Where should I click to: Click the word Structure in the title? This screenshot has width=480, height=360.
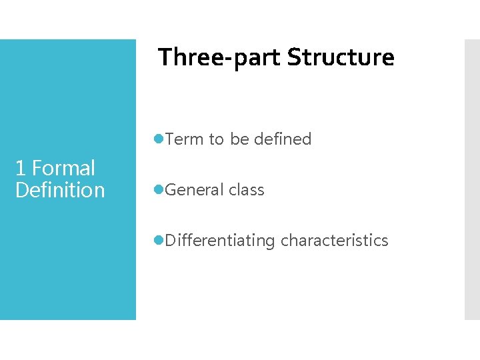341,58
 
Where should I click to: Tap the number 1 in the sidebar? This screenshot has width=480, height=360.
20,168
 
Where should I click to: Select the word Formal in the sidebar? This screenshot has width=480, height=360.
63,168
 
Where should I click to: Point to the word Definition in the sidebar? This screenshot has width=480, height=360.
60,190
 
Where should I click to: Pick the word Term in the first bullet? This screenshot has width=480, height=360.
185,139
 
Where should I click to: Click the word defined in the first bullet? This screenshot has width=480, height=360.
283,139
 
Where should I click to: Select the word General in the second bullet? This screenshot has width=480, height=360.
194,190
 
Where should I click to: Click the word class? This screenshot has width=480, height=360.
246,190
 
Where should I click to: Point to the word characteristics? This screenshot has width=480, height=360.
334,241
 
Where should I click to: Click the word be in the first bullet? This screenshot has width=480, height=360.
239,139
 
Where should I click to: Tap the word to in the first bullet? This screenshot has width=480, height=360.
216,139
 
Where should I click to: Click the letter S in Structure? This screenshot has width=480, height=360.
293,58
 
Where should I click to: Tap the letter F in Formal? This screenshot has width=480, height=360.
37,168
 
